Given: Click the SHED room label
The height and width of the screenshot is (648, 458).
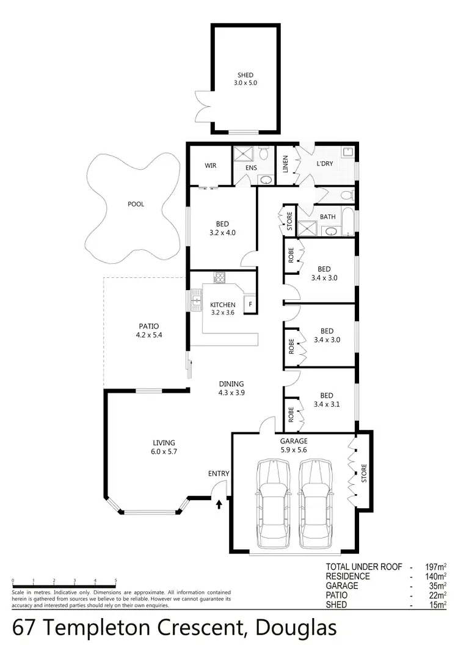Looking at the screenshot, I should (x=245, y=75).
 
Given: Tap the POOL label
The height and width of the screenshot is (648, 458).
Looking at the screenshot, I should (x=136, y=204).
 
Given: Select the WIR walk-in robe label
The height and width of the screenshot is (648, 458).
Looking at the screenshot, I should (x=211, y=166).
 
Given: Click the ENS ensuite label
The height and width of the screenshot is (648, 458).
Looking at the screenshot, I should (x=251, y=168).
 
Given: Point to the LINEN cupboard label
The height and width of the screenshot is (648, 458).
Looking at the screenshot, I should (x=285, y=165).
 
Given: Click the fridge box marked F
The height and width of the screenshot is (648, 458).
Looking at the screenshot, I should (x=249, y=304).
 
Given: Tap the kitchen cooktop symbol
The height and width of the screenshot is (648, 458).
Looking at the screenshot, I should (x=220, y=278).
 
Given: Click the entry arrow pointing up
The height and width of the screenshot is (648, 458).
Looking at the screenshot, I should (x=219, y=504).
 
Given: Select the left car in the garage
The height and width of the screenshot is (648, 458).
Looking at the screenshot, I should (x=272, y=504).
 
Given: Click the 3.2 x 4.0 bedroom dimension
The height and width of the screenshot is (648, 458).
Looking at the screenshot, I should (x=222, y=232).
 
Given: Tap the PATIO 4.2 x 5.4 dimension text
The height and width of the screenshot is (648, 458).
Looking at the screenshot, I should (x=149, y=335).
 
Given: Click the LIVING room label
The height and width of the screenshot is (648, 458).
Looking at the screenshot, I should (x=164, y=443).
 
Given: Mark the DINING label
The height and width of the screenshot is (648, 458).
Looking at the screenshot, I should (x=231, y=384).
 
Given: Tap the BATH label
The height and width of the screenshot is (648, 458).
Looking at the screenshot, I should (x=328, y=216).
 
